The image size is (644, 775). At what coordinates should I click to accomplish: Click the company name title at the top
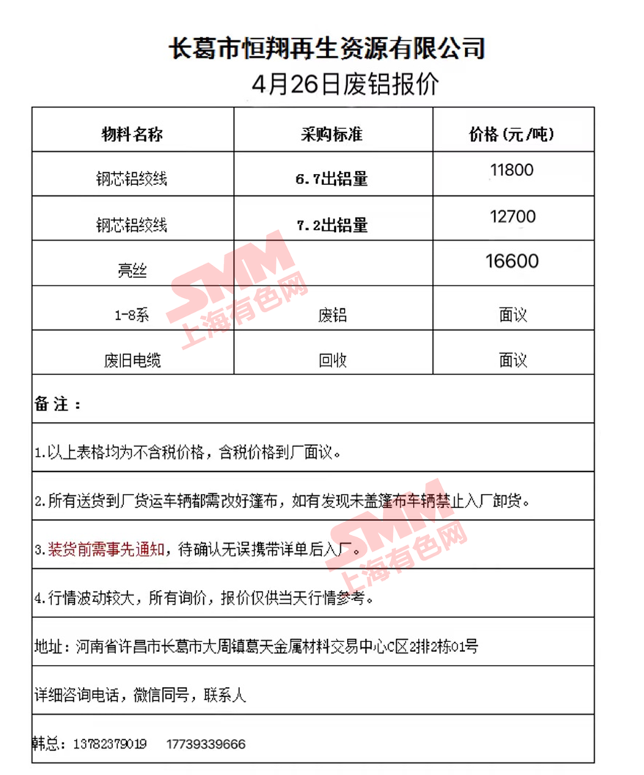327,49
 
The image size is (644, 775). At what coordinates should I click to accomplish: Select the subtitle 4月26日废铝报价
344,84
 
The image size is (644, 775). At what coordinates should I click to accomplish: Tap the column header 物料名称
132,135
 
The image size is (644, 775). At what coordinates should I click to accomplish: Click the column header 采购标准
332,135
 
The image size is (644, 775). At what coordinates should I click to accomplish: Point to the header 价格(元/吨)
512,135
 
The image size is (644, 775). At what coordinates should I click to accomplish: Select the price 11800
512,170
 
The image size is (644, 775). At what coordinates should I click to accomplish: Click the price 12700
512,217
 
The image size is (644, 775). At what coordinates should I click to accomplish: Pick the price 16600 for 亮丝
512,261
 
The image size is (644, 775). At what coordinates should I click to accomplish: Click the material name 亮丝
132,271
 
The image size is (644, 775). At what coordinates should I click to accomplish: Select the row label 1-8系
132,316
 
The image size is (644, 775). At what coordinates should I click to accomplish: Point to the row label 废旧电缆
132,361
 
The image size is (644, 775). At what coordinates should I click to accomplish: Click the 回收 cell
332,361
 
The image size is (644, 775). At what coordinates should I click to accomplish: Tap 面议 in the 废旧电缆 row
513,361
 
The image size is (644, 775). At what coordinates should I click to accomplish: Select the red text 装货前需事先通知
108,549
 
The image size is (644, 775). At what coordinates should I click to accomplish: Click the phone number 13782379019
110,744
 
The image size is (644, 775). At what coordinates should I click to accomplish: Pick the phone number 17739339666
206,744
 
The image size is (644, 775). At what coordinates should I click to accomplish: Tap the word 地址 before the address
48,647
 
